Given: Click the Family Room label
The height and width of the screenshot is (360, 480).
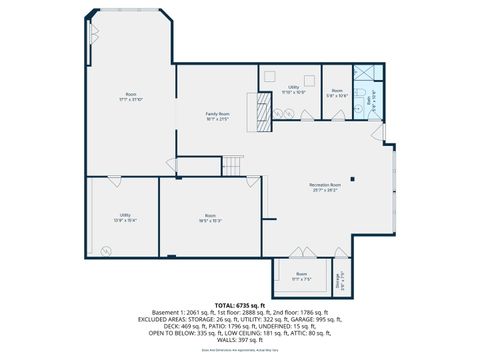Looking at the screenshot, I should coord(217,116).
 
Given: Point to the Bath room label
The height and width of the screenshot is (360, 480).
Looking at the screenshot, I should coord(369,100).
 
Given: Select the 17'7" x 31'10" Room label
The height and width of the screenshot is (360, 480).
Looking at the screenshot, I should coord(131,97).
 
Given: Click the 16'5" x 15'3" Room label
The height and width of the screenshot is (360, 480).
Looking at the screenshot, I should coord(209,218).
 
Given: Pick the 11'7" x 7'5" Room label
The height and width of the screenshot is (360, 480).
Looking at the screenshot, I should coord(301,277).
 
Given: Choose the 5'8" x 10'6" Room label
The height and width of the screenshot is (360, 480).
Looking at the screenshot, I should coord(338,93).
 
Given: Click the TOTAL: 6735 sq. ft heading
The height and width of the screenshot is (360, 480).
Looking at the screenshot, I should coord(240,304).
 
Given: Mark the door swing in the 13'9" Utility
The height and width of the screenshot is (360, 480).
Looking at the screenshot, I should coord(115,183).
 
